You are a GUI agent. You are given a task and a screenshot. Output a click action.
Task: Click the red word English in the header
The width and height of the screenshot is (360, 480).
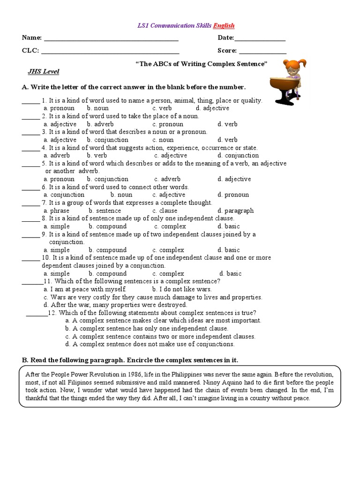[224, 25]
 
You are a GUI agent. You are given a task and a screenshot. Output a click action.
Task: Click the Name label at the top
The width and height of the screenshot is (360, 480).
[31, 37]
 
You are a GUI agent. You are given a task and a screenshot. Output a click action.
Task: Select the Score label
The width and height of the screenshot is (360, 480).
[227, 51]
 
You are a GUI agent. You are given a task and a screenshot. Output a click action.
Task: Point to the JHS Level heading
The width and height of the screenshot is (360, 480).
[44, 71]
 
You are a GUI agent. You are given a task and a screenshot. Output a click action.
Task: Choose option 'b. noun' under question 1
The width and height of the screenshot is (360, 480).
[97, 108]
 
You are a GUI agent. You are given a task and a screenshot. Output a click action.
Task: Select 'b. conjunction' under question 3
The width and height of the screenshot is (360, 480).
[107, 140]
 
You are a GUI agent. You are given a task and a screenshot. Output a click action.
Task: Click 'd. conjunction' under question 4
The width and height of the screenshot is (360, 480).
[238, 155]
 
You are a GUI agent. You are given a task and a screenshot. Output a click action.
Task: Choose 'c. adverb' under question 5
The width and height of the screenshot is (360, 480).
[167, 179]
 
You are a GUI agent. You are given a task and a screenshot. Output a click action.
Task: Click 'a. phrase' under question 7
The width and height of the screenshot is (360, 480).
[56, 210]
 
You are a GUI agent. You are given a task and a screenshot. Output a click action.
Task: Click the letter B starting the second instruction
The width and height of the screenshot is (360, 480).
[25, 360]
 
